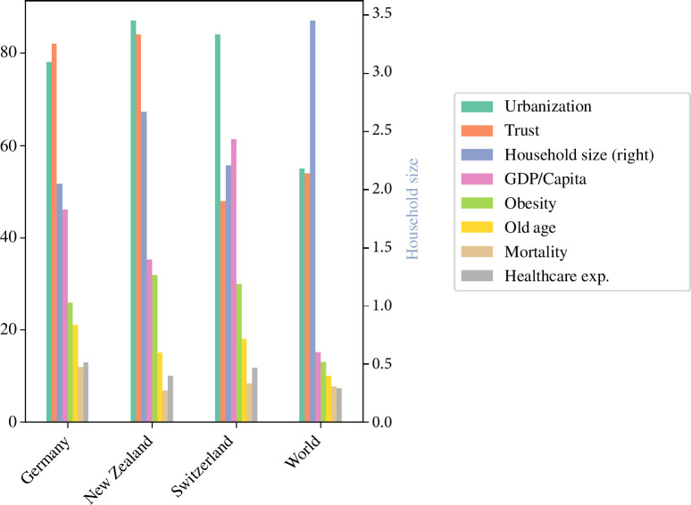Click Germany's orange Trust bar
click(x=54, y=233)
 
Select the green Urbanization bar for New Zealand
click(x=134, y=221)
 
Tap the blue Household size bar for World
click(x=312, y=221)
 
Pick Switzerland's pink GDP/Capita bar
click(x=234, y=280)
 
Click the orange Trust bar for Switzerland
click(x=223, y=311)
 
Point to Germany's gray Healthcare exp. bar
click(x=86, y=392)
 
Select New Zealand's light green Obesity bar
click(x=154, y=348)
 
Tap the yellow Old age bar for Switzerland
click(x=244, y=380)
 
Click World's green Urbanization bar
click(x=302, y=295)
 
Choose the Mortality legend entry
click(x=514, y=252)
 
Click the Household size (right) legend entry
click(x=557, y=154)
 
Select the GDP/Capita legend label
click(x=545, y=179)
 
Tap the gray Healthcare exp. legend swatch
click(x=477, y=276)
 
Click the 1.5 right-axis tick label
click(x=382, y=247)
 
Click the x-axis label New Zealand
click(x=118, y=468)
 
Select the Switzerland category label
click(x=202, y=465)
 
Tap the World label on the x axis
click(x=303, y=451)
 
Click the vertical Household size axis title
click(x=412, y=209)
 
